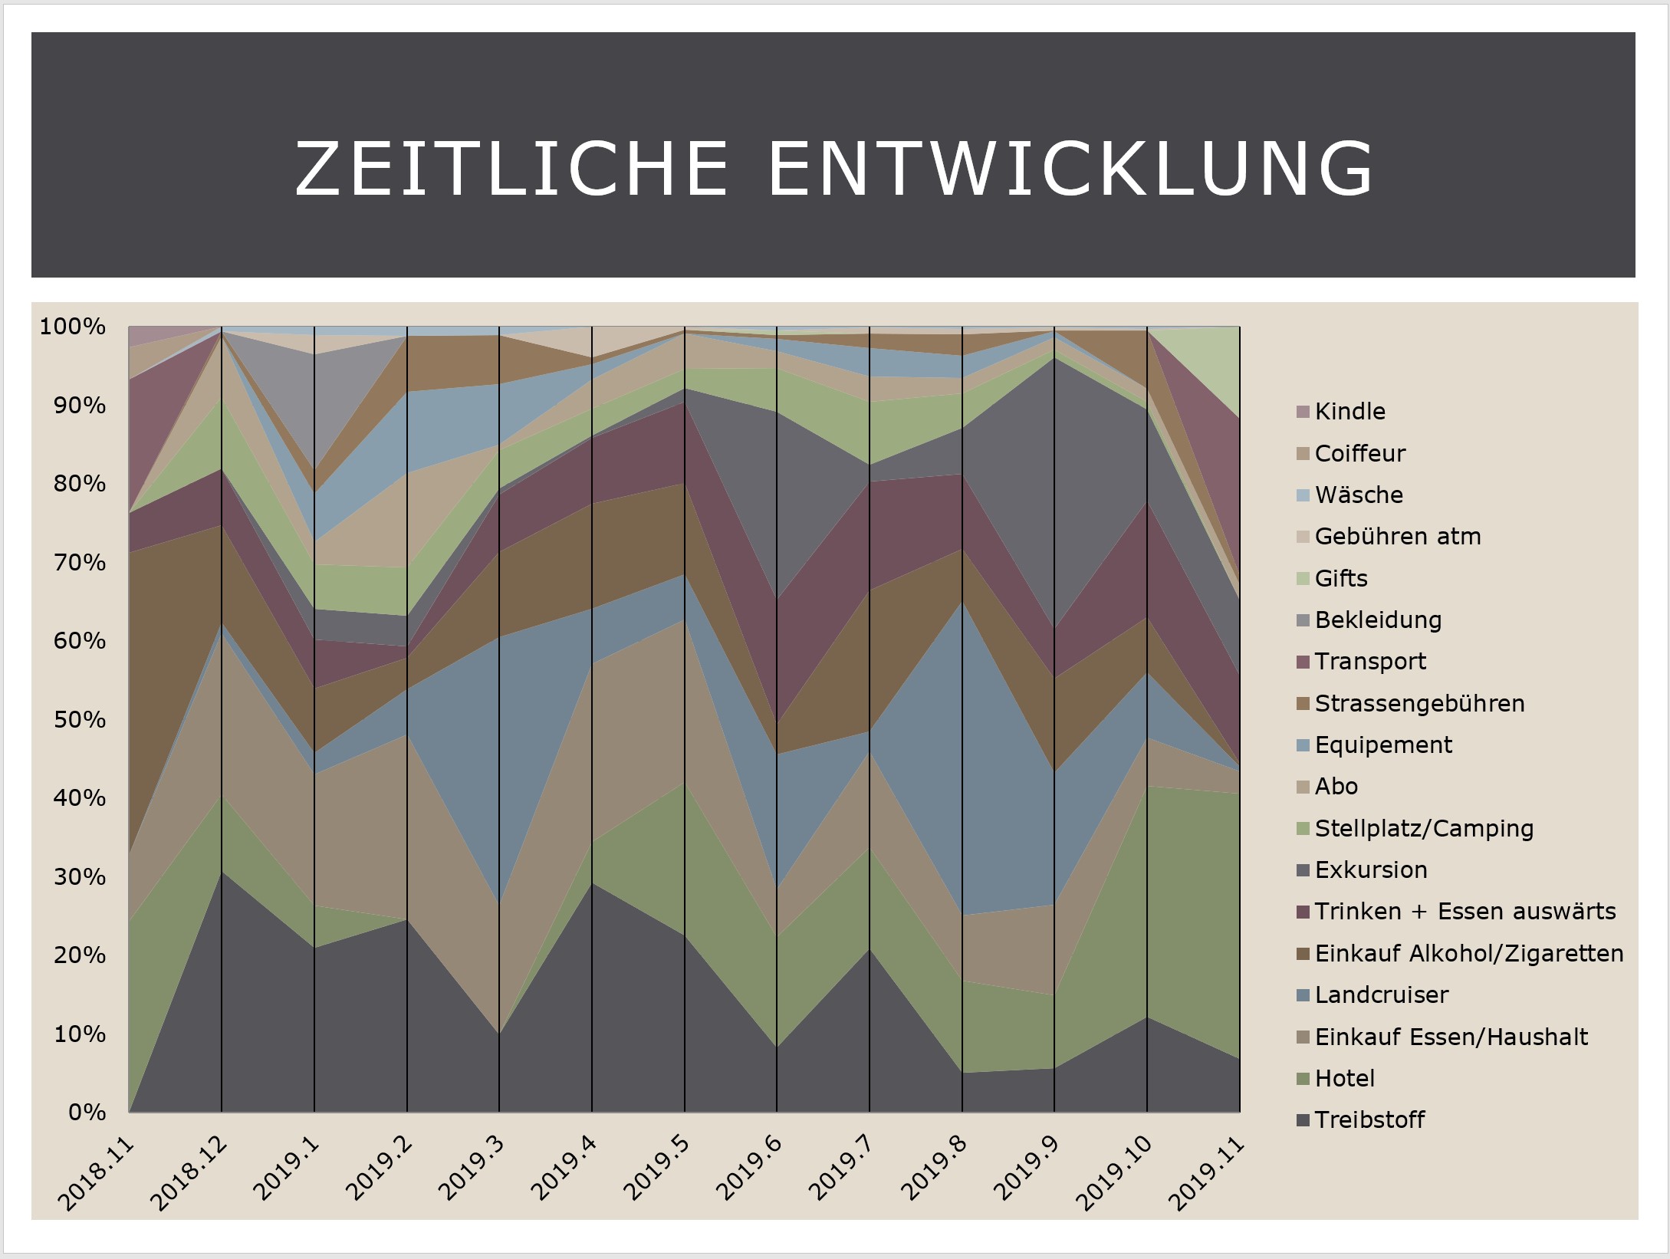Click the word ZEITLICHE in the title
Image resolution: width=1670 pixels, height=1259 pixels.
tap(511, 169)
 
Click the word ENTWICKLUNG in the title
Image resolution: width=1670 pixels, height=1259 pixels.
tap(1070, 169)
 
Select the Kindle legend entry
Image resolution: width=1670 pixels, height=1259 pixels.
tap(1349, 412)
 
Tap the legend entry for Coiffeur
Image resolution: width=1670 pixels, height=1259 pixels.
tap(1359, 454)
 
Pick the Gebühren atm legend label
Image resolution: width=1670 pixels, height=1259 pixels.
tap(1397, 537)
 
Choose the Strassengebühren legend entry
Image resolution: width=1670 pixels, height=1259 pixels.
tap(1419, 704)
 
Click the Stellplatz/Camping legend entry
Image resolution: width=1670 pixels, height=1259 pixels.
tap(1423, 829)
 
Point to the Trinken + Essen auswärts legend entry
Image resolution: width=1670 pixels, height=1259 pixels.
tap(1465, 912)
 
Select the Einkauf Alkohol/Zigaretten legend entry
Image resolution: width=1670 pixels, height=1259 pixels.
tap(1468, 954)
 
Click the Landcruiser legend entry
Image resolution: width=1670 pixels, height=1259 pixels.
tap(1381, 995)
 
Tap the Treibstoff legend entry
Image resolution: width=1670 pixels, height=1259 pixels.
tap(1369, 1120)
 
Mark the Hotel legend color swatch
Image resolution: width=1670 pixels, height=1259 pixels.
tap(1303, 1080)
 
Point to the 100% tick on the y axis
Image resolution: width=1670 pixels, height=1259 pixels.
tap(73, 327)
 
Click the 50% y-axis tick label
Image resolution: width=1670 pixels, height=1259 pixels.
tap(79, 720)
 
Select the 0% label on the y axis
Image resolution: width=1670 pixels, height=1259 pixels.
tap(87, 1113)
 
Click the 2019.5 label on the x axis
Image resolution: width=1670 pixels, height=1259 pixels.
tap(656, 1169)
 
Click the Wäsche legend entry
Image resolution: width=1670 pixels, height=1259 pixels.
tap(1358, 495)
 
